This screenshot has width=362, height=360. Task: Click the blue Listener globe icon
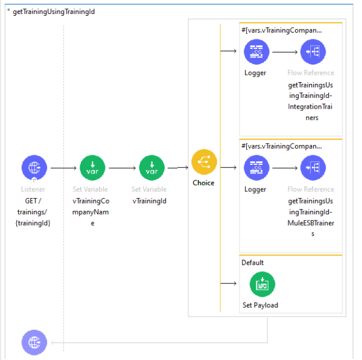pos(34,168)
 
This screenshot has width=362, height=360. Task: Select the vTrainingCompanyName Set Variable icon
pos(92,168)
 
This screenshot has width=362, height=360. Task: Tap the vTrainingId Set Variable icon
pos(152,168)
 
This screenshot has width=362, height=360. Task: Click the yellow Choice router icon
pos(204,161)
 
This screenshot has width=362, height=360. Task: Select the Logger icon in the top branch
pos(256,52)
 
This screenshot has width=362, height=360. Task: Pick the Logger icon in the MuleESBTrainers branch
pos(256,168)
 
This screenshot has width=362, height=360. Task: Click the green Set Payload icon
pos(262,284)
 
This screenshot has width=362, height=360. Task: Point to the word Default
pos(253,263)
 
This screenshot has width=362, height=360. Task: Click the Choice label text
pos(204,182)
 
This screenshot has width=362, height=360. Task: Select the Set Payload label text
pos(261,305)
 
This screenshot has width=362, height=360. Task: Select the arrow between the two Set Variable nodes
pos(122,169)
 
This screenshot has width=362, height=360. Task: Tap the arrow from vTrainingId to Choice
pos(177,168)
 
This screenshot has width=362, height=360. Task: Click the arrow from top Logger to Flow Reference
pos(284,53)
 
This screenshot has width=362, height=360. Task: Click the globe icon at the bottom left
pos(34,342)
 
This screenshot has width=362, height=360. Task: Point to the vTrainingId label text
pos(149,201)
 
